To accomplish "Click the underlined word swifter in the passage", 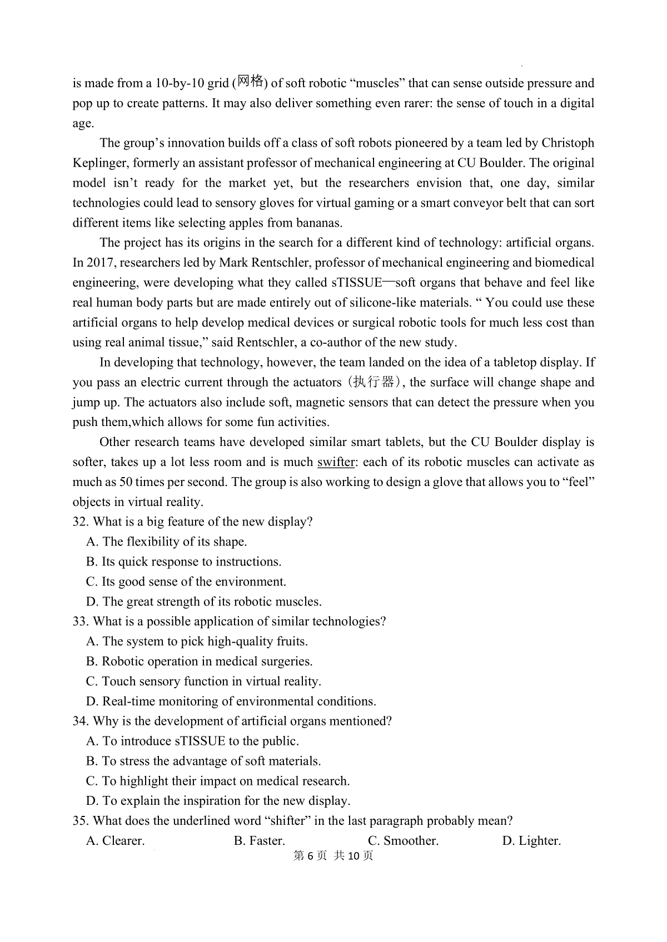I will (336, 462).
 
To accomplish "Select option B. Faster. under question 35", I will (259, 841).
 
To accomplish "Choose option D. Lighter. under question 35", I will (531, 841).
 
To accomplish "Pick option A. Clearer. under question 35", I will (115, 841).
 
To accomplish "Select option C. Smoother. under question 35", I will (403, 841).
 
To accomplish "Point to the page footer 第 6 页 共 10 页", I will (333, 856).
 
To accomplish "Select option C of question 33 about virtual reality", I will (203, 682).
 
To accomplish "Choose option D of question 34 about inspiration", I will (218, 801).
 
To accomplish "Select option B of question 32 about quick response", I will (183, 562).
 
